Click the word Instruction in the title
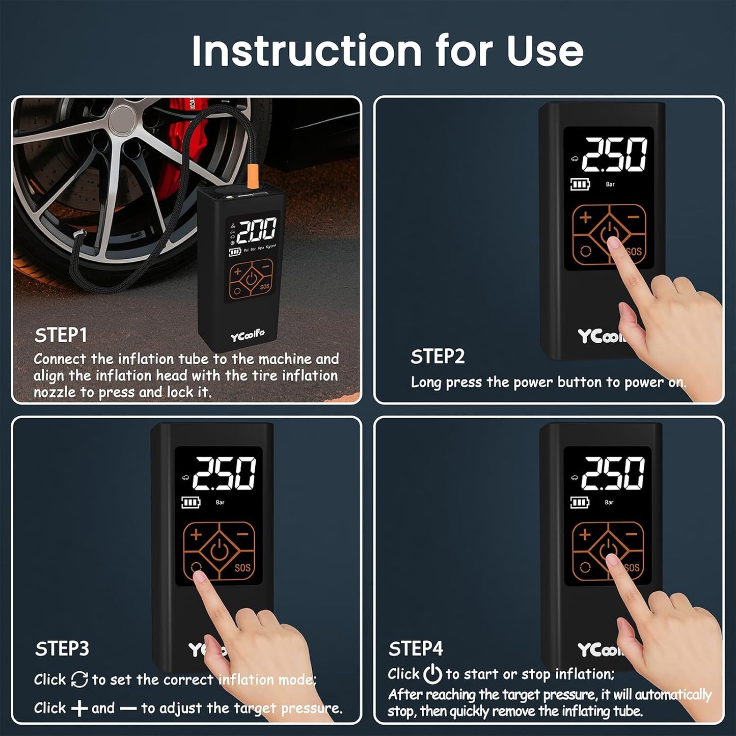(306, 51)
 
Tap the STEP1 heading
(61, 335)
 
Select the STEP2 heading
(438, 357)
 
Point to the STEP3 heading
(62, 649)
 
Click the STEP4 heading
(416, 649)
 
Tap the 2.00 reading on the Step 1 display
(257, 230)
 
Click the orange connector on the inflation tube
(252, 176)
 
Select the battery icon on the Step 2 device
(580, 184)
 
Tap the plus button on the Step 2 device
(585, 218)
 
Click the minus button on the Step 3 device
(242, 534)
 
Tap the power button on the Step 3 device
(219, 551)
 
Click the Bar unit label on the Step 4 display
(609, 502)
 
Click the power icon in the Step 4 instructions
(432, 674)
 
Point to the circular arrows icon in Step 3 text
(79, 679)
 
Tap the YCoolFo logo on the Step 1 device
(247, 336)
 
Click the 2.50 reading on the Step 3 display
(224, 474)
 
